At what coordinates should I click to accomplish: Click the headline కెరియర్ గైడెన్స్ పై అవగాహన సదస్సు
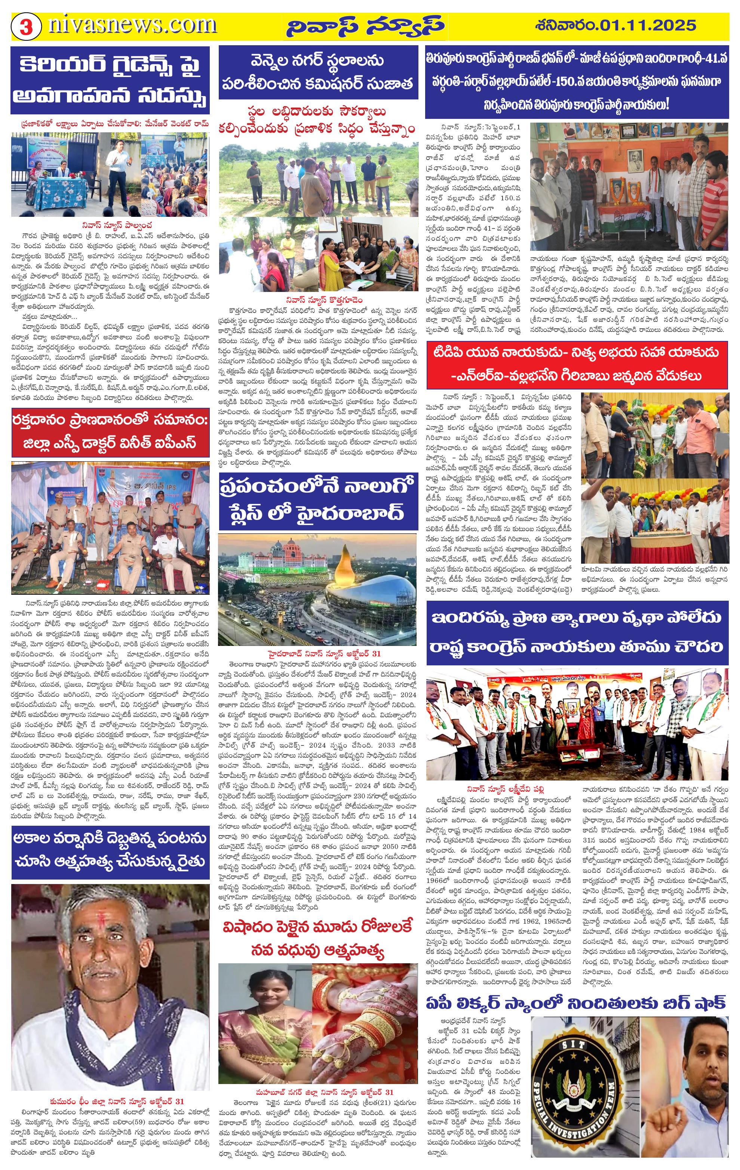point(110,80)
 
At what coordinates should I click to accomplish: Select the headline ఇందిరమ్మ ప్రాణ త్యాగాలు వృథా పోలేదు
point(577,632)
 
